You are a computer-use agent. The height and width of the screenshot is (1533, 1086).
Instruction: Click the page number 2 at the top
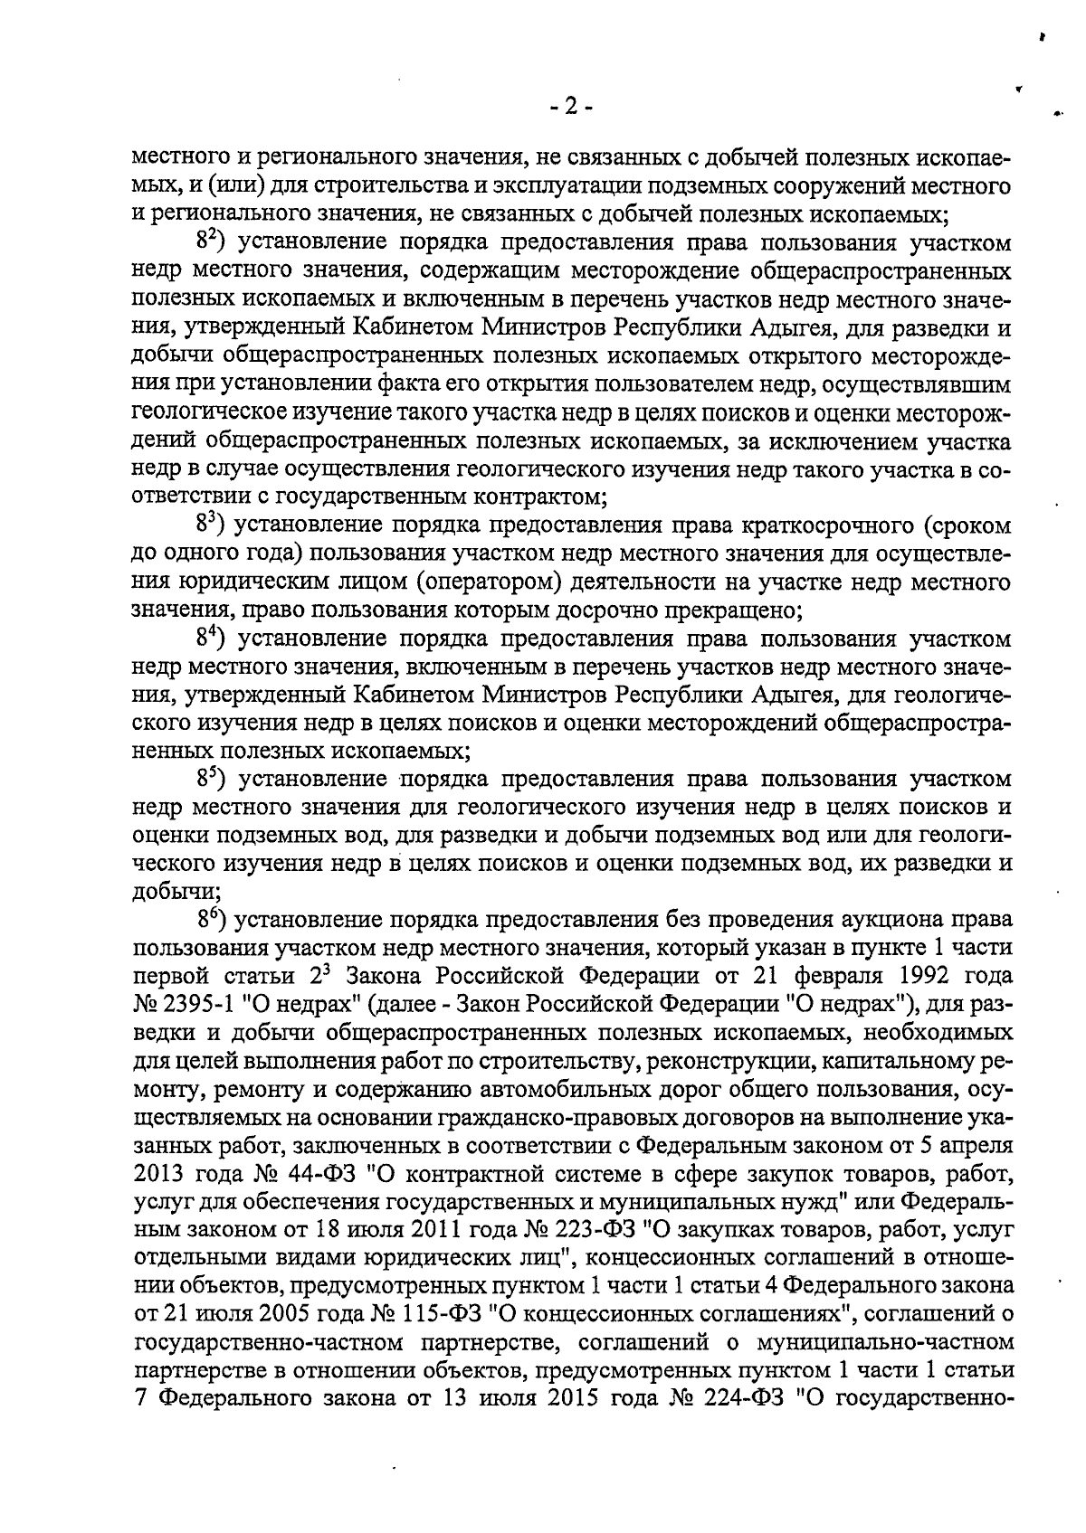tap(570, 107)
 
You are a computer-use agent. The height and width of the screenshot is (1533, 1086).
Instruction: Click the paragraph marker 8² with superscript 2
tap(210, 243)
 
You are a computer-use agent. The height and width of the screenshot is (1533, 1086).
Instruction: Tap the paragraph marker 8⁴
tap(210, 639)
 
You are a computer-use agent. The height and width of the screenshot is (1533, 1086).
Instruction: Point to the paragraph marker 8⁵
tap(210, 779)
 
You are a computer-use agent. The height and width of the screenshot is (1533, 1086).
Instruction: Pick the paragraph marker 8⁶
tap(210, 920)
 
